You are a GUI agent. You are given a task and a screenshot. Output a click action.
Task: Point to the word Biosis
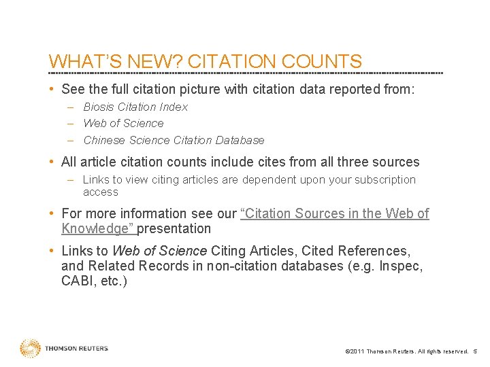(x=99, y=107)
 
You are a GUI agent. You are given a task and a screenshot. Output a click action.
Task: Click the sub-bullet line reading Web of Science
(x=123, y=123)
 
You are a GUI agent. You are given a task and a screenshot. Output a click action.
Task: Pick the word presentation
(x=176, y=228)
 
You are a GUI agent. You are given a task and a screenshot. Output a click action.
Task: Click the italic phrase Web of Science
(x=159, y=251)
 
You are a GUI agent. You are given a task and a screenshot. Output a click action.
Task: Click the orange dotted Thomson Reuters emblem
(x=30, y=349)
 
